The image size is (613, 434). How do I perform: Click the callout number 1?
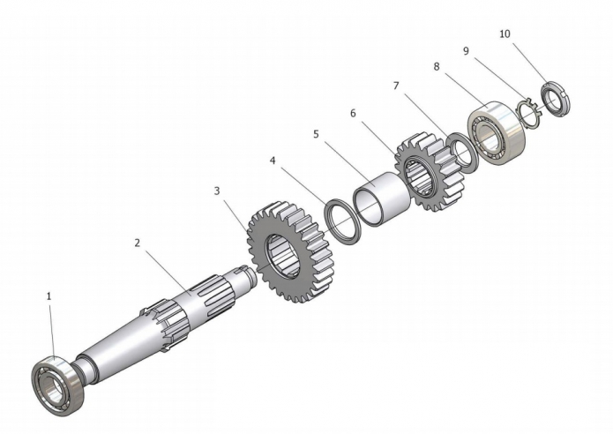49,296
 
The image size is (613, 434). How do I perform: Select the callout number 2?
138,243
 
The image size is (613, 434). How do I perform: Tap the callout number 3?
217,191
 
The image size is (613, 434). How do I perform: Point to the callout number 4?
273,161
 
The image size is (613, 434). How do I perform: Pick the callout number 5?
316,134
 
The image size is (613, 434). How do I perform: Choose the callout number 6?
353,114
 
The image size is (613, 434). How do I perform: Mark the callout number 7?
396,86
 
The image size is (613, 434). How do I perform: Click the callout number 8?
437,66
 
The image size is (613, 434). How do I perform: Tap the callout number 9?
466,51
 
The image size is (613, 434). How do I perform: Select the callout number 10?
505,34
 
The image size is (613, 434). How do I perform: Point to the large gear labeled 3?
290,252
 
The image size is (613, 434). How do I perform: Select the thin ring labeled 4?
343,221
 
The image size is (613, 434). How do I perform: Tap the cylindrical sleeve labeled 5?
382,199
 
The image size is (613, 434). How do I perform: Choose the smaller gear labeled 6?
430,172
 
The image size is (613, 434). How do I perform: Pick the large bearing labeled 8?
497,132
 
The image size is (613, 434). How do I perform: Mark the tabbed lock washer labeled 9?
528,114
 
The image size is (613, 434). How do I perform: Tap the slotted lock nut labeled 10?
555,100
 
